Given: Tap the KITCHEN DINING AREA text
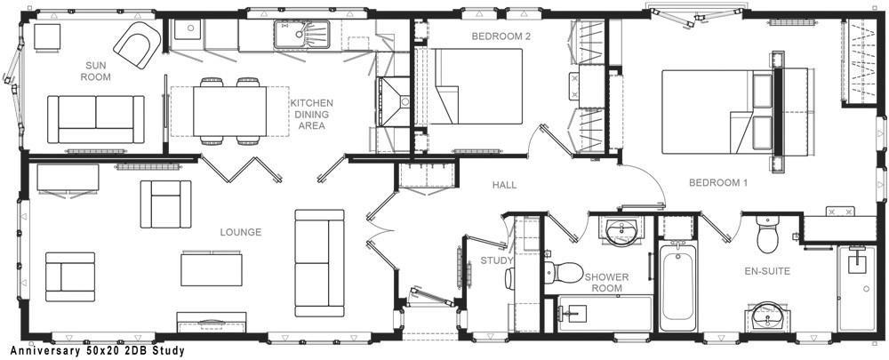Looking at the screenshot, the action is point(311,114).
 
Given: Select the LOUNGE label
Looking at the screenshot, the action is point(240,232).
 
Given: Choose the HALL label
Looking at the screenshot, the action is point(504,184).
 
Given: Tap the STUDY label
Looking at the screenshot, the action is point(497,260).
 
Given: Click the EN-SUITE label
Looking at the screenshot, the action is point(767,271).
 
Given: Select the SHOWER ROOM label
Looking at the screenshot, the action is point(606,283).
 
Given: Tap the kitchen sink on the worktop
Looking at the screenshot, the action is point(302,35).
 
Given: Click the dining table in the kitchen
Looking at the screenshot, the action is point(229,111).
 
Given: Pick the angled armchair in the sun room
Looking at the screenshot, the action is point(137,44).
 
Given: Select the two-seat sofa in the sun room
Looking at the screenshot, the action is point(96,119).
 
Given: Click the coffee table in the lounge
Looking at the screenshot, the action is point(212,270).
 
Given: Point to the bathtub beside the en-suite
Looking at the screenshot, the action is point(678,285).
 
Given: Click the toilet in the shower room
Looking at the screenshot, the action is point(563,272).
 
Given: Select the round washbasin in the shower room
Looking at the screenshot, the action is point(622,231).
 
